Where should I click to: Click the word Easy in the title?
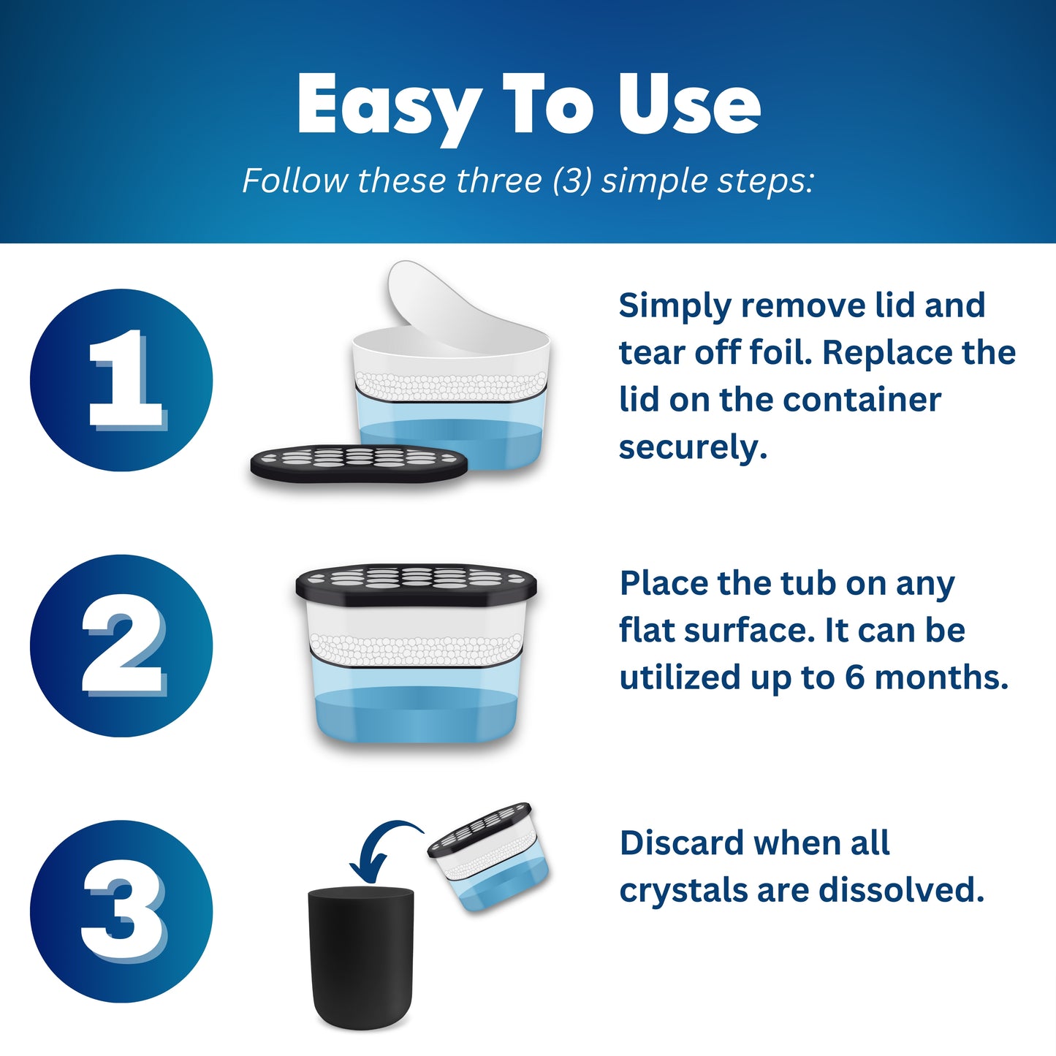click(x=387, y=107)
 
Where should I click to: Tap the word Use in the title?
click(x=689, y=104)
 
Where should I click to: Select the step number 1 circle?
click(x=121, y=380)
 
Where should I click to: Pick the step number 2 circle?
click(x=121, y=645)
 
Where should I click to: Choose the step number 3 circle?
click(x=121, y=911)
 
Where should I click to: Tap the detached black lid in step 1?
click(x=359, y=463)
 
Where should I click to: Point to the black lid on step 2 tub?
click(x=416, y=585)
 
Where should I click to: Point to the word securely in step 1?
click(x=693, y=447)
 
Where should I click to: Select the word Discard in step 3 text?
click(x=682, y=843)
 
